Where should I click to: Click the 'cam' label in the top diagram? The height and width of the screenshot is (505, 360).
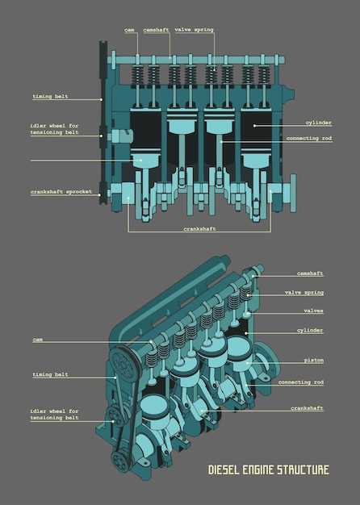pos(130,30)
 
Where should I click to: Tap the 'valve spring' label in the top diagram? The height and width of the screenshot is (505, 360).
pos(194,30)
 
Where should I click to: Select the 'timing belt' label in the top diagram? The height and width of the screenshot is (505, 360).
pos(50,96)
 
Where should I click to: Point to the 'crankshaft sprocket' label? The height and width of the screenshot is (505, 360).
pos(61,192)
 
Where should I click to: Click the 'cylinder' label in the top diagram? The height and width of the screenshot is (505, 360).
pos(318,123)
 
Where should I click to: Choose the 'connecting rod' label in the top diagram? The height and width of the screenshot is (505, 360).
pos(309,139)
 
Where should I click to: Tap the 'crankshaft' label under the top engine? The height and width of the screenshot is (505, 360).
pos(200,229)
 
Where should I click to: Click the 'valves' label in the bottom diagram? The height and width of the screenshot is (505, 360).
pos(313,311)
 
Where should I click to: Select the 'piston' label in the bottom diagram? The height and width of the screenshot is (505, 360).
pos(314,361)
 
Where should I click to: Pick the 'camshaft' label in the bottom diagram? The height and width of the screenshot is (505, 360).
pos(310,273)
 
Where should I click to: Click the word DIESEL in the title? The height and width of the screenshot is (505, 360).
pos(224,470)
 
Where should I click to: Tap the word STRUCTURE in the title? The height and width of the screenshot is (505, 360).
pos(303,470)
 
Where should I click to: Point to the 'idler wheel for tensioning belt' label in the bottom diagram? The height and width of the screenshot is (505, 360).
pos(54,415)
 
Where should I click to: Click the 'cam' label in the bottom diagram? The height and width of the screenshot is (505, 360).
pos(37,340)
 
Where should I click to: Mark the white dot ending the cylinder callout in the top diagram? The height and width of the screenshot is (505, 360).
pos(254,126)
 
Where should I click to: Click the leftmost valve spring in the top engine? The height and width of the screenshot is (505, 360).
pos(137,77)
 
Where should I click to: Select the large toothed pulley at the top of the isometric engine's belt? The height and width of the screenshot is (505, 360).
pos(123,365)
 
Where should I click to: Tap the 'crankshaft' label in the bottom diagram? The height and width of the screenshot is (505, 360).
pos(307,408)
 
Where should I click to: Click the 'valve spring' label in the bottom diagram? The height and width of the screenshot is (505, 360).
pos(304,293)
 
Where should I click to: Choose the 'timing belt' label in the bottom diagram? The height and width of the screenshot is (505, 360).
pos(50,374)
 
